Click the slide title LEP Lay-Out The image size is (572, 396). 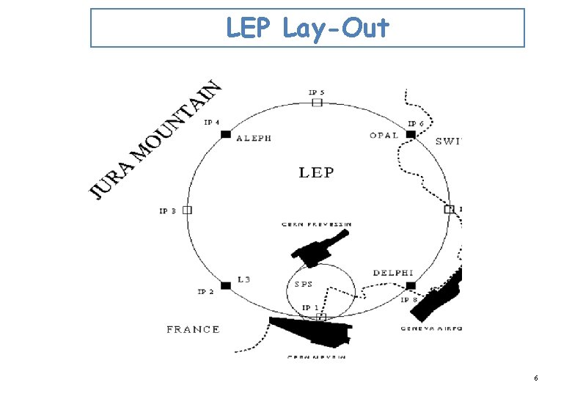coord(307,28)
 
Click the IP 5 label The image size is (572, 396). coord(317,92)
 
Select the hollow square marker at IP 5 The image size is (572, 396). coord(317,102)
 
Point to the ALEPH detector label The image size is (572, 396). coord(254,138)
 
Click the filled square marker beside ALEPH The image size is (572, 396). coord(226,134)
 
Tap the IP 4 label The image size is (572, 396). coord(212,122)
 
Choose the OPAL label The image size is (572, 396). coord(385,135)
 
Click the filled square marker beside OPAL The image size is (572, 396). coord(411,134)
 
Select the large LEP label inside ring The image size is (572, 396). coord(316,172)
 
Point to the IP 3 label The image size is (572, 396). coord(167,211)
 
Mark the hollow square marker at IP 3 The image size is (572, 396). coord(187,210)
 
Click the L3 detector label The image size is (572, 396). coord(244,279)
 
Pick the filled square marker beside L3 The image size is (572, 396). coord(226,285)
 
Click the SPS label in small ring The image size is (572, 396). coord(304,285)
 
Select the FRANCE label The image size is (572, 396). coord(193,329)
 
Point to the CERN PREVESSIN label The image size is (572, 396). coord(317,224)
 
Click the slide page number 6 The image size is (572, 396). coord(536,378)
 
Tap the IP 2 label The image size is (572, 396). coord(205,292)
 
